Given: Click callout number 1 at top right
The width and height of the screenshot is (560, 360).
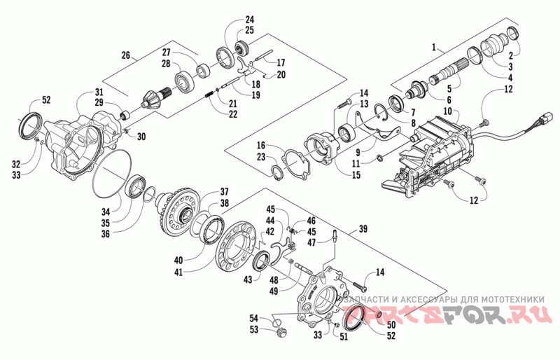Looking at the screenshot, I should (x=435, y=47).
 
